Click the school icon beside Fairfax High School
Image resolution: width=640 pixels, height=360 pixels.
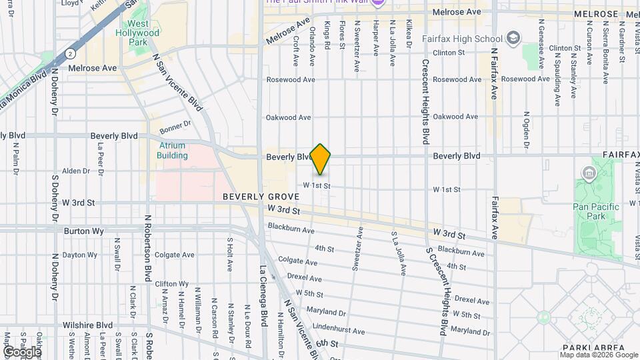[513, 37]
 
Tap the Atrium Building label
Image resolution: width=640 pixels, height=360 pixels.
[172, 150]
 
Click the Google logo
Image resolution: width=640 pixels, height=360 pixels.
[21, 351]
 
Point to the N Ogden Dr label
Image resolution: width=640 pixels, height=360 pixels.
[527, 129]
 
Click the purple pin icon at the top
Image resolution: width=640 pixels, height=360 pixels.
[378, 3]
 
